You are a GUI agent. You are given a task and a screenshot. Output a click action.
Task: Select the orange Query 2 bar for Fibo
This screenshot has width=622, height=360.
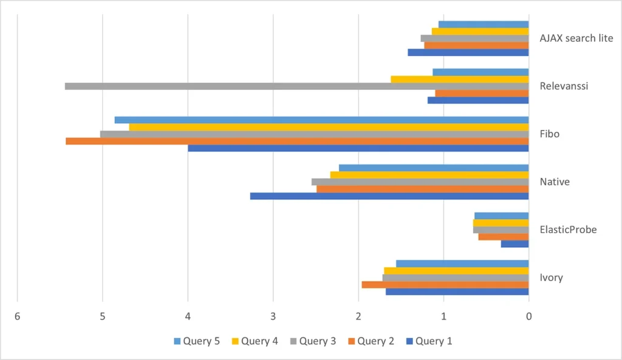[x=297, y=141]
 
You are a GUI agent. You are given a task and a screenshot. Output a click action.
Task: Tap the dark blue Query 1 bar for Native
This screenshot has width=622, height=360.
[x=389, y=196]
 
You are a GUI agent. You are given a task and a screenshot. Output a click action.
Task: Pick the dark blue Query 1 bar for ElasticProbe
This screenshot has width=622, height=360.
[x=514, y=244]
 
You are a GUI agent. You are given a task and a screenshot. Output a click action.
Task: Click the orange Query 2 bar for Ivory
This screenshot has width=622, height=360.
[x=445, y=285]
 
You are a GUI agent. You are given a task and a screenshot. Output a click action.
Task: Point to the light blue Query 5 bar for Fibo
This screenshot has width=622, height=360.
[x=321, y=120]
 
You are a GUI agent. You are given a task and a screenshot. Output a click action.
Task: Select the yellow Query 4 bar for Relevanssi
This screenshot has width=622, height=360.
[x=459, y=79]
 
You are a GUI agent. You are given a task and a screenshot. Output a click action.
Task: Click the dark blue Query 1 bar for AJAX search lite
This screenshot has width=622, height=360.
[x=468, y=52]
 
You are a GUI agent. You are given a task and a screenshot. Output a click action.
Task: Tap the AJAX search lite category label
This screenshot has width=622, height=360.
[x=576, y=38]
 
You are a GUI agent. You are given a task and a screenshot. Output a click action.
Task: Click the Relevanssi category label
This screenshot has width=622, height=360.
[x=564, y=86]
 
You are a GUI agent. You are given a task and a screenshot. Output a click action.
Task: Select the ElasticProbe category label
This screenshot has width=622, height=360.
[x=568, y=229]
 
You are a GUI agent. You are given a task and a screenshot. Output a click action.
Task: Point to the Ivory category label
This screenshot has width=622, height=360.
[x=551, y=277]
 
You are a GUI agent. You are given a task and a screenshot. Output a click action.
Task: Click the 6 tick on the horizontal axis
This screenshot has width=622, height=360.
[x=17, y=316]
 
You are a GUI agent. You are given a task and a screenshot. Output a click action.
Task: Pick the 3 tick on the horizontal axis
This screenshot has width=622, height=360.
[x=273, y=316]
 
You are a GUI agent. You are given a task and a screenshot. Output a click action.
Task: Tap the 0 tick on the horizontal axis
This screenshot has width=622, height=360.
[x=528, y=316]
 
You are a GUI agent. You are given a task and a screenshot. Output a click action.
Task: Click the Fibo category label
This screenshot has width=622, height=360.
[x=549, y=134]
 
